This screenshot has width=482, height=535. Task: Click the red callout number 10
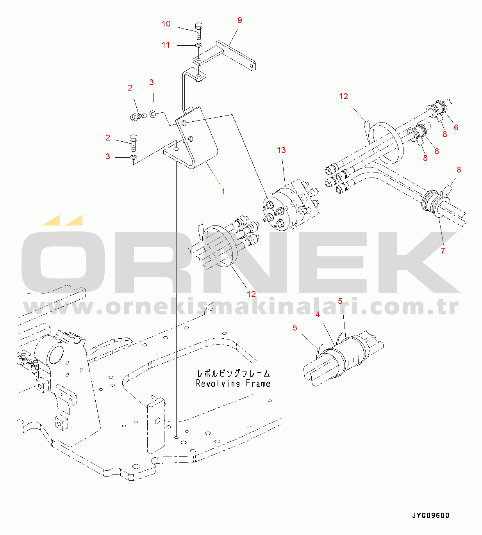point(166,24)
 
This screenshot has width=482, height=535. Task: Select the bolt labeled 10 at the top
point(198,30)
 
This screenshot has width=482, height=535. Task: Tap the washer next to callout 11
point(198,46)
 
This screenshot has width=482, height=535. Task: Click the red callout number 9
point(239,20)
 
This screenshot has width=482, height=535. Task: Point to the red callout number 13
point(281,150)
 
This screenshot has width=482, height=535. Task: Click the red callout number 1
point(223,192)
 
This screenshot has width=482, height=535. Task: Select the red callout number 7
point(443,251)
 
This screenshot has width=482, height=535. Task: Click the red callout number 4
point(318,315)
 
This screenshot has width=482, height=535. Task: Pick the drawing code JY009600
point(430,515)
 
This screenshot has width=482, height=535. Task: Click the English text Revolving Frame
point(233,384)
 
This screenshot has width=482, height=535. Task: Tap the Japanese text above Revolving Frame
point(233,373)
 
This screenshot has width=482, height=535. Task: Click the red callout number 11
point(166,45)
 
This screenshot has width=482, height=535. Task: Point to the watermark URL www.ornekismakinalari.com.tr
point(241,307)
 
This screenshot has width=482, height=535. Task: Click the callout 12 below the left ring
point(251,294)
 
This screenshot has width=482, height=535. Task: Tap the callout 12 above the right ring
point(343,96)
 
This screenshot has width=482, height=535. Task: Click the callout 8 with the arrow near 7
point(459,170)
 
